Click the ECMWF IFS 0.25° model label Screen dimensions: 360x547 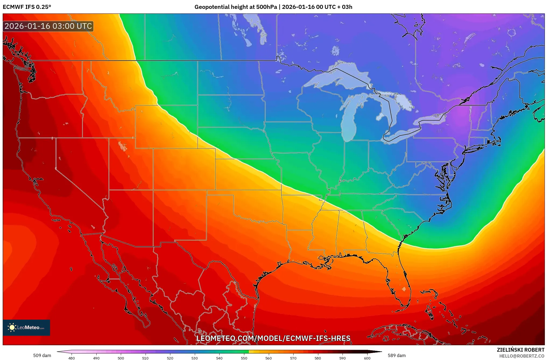pyautogui.click(x=27, y=7)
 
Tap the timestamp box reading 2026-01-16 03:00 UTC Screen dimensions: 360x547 pyautogui.click(x=48, y=26)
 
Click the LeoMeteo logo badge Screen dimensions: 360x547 pyautogui.click(x=26, y=327)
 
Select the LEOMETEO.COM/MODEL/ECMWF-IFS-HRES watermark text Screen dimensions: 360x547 pyautogui.click(x=273, y=338)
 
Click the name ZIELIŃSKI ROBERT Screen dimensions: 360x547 pyautogui.click(x=520, y=350)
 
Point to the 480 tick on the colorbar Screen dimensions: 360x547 pyautogui.click(x=72, y=358)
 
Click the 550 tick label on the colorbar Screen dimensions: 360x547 pyautogui.click(x=244, y=358)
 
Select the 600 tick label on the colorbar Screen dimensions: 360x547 pyautogui.click(x=367, y=358)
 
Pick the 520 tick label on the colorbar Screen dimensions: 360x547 pyautogui.click(x=170, y=358)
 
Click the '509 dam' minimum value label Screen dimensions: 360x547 pyautogui.click(x=42, y=355)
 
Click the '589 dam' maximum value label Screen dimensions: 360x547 pyautogui.click(x=397, y=355)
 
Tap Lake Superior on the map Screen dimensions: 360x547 pyautogui.click(x=336, y=77)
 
